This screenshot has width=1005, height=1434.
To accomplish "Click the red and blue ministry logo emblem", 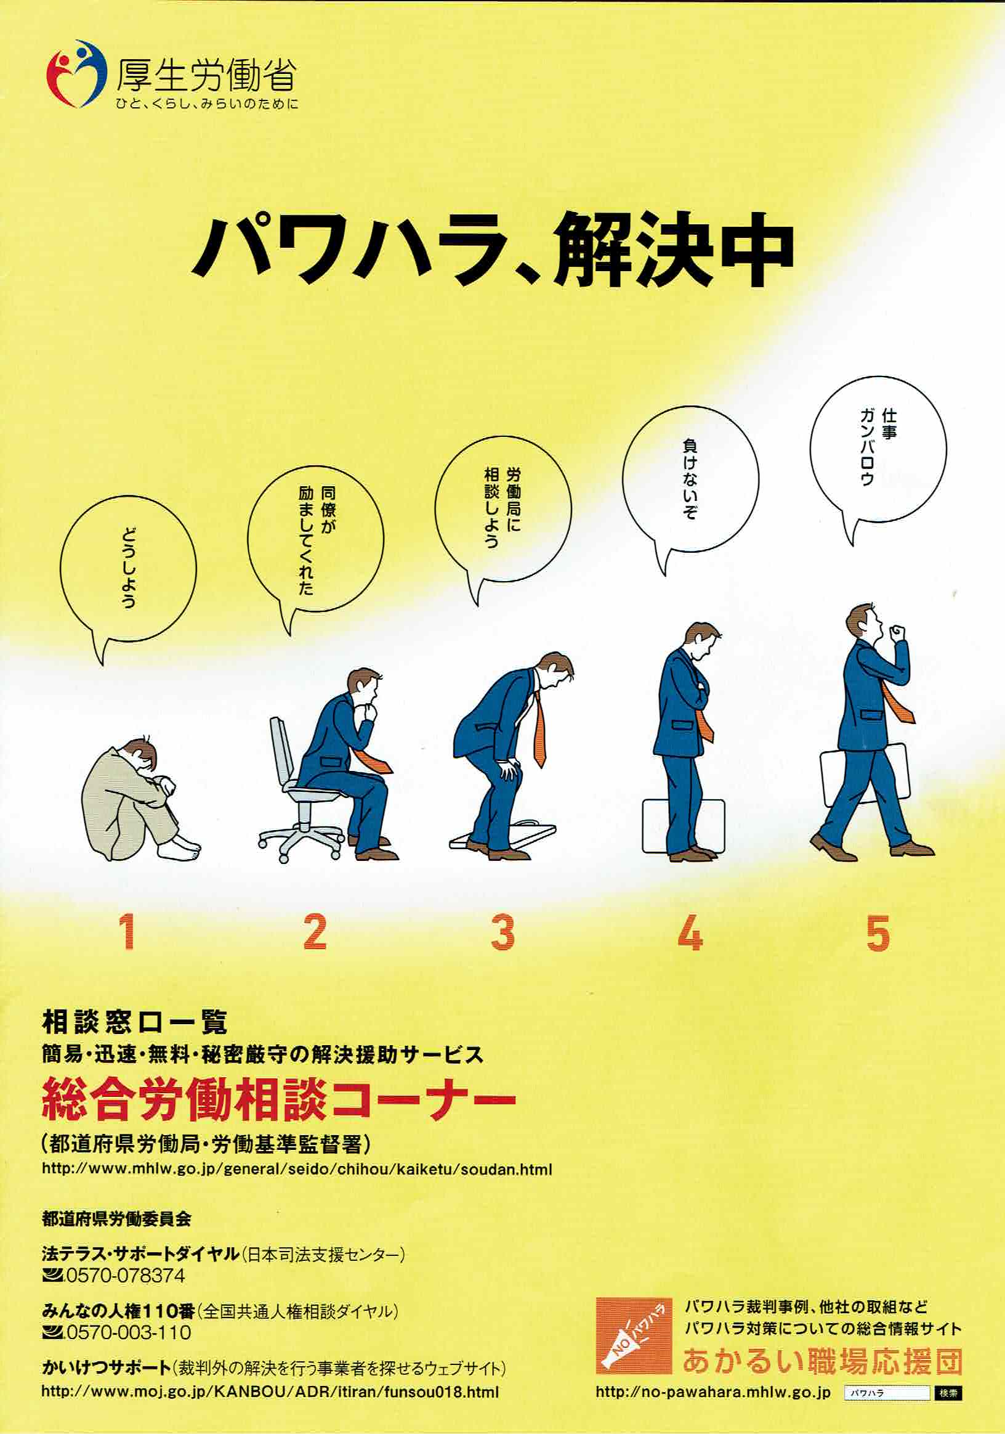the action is pyautogui.click(x=76, y=74).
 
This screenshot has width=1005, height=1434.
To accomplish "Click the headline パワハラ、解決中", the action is pyautogui.click(x=493, y=249).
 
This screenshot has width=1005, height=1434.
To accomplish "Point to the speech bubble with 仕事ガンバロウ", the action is pyautogui.click(x=878, y=456).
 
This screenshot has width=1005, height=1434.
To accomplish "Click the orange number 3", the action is pyautogui.click(x=502, y=932).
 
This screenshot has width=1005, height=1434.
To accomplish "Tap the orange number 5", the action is pyautogui.click(x=878, y=932).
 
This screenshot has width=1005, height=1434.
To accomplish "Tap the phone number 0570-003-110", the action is pyautogui.click(x=129, y=1332).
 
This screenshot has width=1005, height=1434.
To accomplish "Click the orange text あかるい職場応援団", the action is pyautogui.click(x=822, y=1361).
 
